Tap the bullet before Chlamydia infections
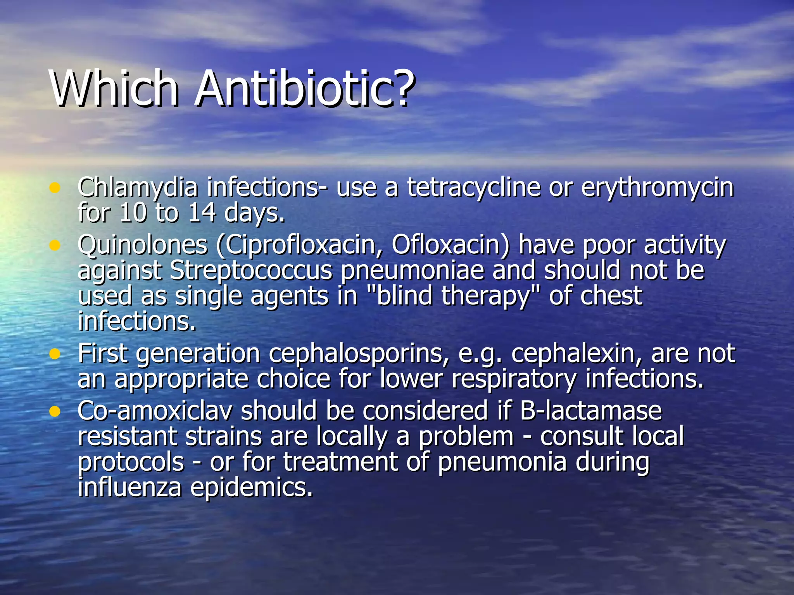(55, 188)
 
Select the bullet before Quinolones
(55, 245)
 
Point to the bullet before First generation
(55, 354)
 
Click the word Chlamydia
(138, 187)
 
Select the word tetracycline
(473, 187)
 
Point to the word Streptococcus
(251, 270)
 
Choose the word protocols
(131, 462)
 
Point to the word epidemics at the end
(251, 487)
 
